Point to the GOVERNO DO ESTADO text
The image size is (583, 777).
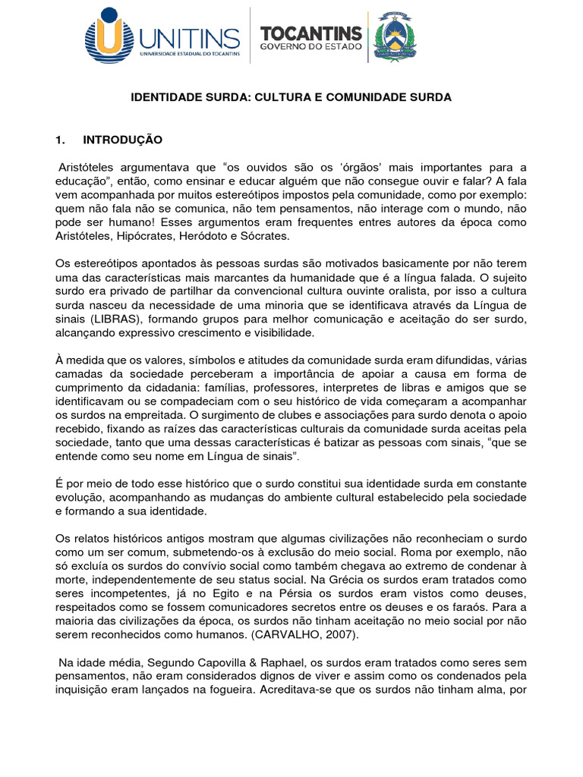[x=311, y=47]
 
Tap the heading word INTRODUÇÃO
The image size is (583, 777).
[x=123, y=140]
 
